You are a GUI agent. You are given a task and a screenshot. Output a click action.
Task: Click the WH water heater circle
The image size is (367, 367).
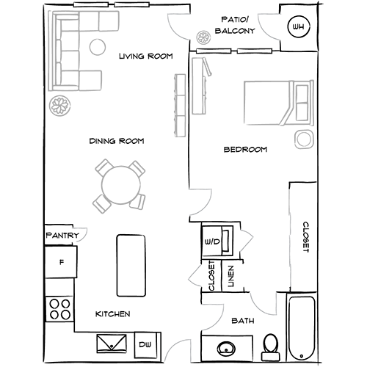[x=298, y=26]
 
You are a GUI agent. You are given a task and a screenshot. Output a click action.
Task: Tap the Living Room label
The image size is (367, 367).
[x=146, y=57]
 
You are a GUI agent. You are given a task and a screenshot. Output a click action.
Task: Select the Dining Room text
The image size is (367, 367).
[x=117, y=141]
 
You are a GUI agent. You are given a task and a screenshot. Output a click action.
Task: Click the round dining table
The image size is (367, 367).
[x=121, y=185]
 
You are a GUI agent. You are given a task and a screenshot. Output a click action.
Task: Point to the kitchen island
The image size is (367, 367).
[x=131, y=266]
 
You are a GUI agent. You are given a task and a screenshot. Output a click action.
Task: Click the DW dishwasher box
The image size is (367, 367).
[x=145, y=345]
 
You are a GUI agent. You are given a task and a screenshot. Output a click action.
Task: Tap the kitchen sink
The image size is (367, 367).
[x=112, y=344]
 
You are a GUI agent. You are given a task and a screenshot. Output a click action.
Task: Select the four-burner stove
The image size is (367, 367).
[x=59, y=309]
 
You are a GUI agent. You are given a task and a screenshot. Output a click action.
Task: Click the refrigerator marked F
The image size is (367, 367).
[x=61, y=262]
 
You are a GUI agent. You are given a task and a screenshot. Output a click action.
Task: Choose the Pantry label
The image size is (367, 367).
[x=62, y=236]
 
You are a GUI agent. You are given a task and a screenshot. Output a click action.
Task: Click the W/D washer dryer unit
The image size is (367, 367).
[x=217, y=241]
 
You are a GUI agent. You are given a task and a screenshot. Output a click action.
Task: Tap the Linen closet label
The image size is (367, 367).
[x=231, y=276]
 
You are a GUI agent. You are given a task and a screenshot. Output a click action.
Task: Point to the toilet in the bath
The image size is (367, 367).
[x=270, y=347]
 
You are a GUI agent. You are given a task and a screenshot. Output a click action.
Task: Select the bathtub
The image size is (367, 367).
[x=301, y=328]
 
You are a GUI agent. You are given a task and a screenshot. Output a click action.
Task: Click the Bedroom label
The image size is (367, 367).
[x=245, y=150]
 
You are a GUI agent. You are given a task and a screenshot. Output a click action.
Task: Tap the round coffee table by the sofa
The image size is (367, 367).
[x=98, y=47]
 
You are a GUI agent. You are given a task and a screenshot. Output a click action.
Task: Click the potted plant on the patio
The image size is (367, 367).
[x=203, y=37]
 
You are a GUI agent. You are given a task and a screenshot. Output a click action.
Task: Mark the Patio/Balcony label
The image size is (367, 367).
[x=235, y=25]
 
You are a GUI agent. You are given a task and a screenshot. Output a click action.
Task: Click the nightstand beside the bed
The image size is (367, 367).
[x=305, y=139]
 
